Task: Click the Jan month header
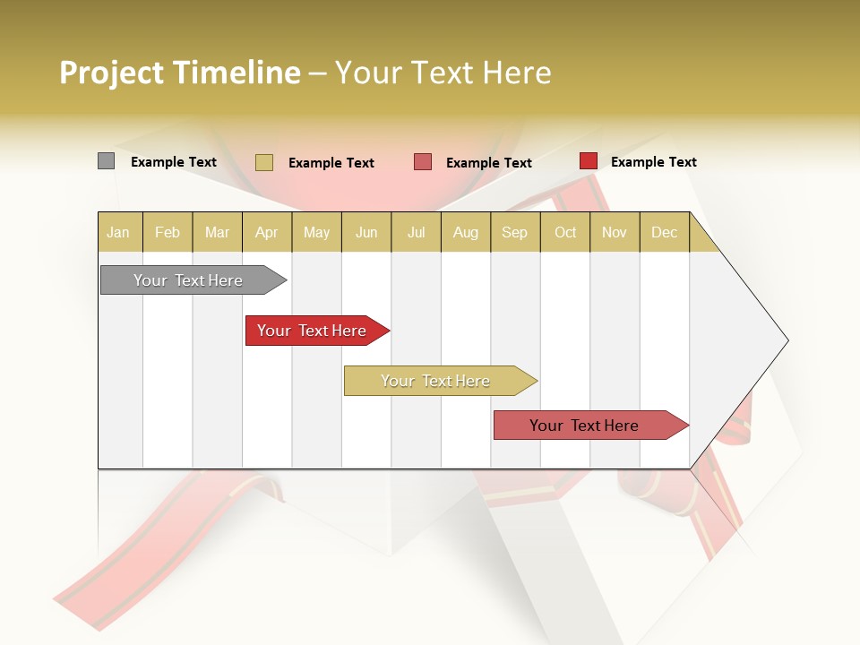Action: tap(119, 232)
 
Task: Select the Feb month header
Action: tap(168, 232)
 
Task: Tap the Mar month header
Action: tap(217, 232)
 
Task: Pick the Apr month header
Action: tap(267, 232)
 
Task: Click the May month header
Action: tap(316, 232)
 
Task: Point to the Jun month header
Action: tap(366, 232)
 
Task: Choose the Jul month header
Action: tap(416, 232)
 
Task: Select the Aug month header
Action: tap(466, 232)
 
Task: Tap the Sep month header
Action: tap(515, 232)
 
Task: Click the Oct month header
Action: tap(565, 232)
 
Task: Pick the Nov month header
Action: tap(615, 232)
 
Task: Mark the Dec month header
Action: tap(664, 232)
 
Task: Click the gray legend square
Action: tap(106, 161)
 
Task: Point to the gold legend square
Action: tap(263, 162)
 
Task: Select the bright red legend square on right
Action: tap(588, 161)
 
